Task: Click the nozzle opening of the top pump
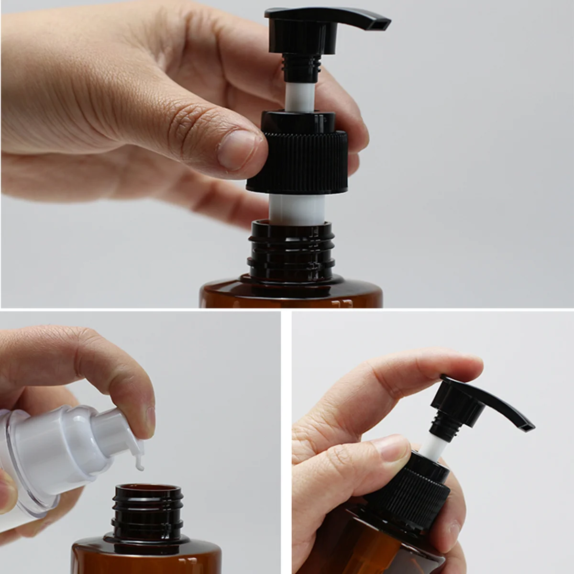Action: click(381, 23)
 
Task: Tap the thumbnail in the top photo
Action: click(238, 149)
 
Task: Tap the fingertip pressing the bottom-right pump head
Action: click(459, 366)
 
